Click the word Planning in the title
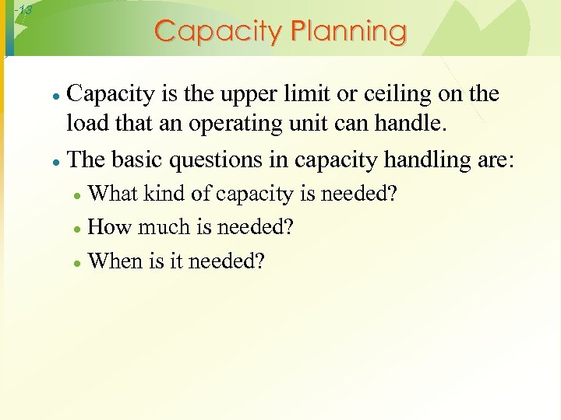[348, 32]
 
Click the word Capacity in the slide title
[218, 32]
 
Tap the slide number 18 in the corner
[23, 10]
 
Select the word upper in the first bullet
[237, 95]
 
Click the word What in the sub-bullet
[112, 194]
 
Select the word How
[110, 227]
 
